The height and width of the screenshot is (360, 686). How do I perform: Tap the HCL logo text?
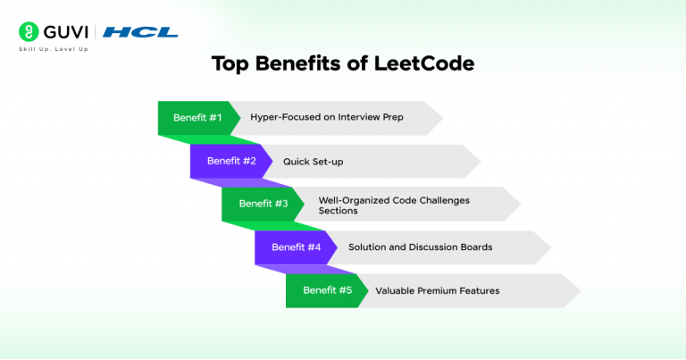point(140,32)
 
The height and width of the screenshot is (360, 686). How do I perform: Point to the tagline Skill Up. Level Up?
point(53,49)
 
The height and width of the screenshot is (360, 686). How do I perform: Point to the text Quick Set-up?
point(314,162)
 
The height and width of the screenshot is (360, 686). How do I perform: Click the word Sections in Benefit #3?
point(338,211)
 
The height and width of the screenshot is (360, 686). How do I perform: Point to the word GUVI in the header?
point(63,32)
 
